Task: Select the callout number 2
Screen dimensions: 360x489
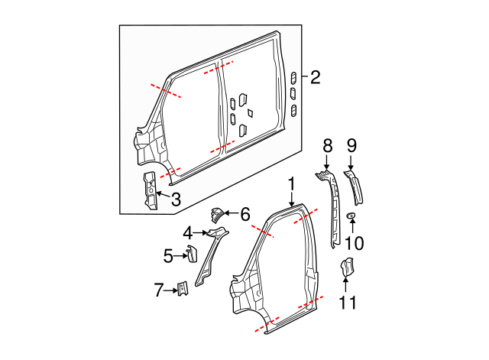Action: [x=315, y=76]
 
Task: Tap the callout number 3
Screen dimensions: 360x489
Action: [x=175, y=200]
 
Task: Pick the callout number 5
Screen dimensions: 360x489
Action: [x=169, y=255]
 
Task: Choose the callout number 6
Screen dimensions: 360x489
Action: [x=244, y=215]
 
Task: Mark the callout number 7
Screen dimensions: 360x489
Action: [x=159, y=290]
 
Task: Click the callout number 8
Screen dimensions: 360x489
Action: [x=327, y=146]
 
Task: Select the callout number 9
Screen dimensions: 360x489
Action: [x=351, y=146]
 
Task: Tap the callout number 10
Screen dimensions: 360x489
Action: [x=352, y=243]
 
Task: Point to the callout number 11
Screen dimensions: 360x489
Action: [x=348, y=302]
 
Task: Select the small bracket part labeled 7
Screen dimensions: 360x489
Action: [x=183, y=289]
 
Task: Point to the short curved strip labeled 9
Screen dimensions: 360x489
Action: [x=355, y=186]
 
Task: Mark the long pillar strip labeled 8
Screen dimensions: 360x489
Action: [x=333, y=206]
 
